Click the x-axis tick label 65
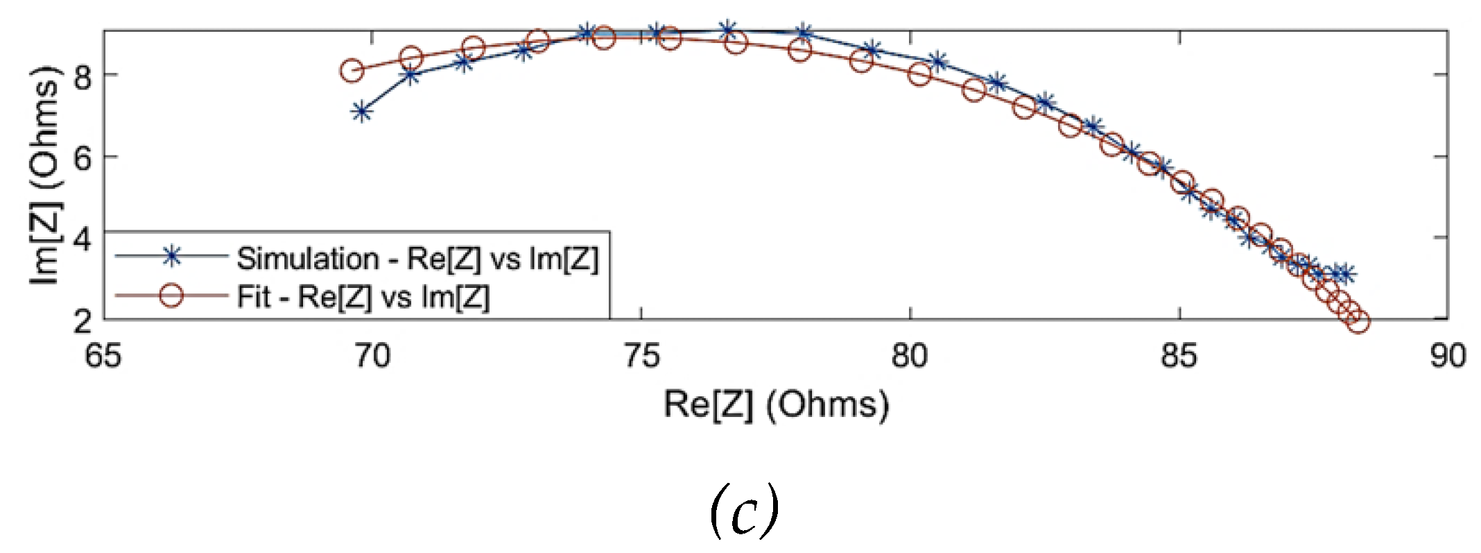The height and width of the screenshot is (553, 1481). [x=103, y=357]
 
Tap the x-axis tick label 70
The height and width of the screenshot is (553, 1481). [x=372, y=357]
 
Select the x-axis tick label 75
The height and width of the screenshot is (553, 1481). [x=641, y=357]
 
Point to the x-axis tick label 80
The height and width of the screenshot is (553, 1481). [x=910, y=357]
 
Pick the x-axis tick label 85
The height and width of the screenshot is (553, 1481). [x=1179, y=357]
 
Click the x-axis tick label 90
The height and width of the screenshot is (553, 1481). [x=1448, y=357]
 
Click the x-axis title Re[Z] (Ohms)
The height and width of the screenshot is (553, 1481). [x=776, y=405]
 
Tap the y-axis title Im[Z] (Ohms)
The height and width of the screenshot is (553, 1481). [x=46, y=175]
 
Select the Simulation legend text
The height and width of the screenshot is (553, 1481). [x=417, y=259]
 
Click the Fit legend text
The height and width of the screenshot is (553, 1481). [x=363, y=297]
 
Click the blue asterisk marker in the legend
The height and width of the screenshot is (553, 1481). [x=171, y=257]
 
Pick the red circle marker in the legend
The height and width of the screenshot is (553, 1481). [x=171, y=296]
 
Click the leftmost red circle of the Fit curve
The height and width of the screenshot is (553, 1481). [x=352, y=70]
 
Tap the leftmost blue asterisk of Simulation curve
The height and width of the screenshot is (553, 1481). [x=361, y=112]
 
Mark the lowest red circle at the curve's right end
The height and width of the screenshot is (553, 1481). [x=1358, y=321]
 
